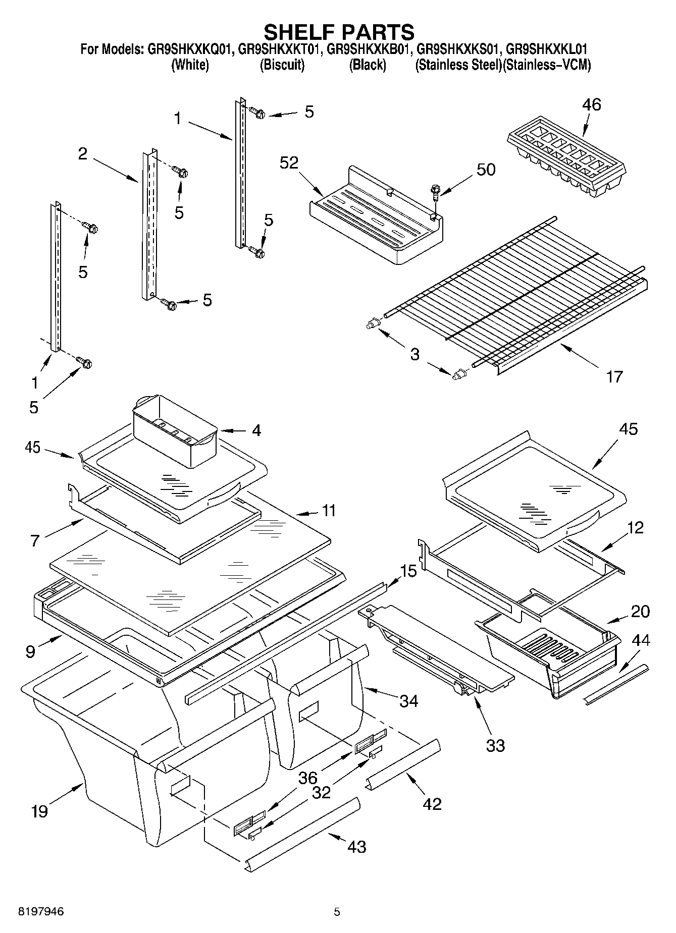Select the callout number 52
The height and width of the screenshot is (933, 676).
pos(290,162)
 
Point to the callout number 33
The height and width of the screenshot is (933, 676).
pos(495,745)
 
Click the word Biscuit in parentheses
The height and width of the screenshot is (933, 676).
pos(282,65)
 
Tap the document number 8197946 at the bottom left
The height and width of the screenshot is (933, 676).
pos(41,912)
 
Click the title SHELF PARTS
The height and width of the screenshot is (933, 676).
pos(339,32)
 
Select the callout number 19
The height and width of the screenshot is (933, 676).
pos(39,811)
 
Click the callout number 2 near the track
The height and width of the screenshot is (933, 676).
pos(83,154)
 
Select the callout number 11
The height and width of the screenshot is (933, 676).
pos(329,510)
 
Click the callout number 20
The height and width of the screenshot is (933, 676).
pos(640,612)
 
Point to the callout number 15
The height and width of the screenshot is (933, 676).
pos(408,572)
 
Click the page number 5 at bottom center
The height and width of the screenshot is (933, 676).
pos(337,912)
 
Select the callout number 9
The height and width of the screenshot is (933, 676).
pos(30,651)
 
